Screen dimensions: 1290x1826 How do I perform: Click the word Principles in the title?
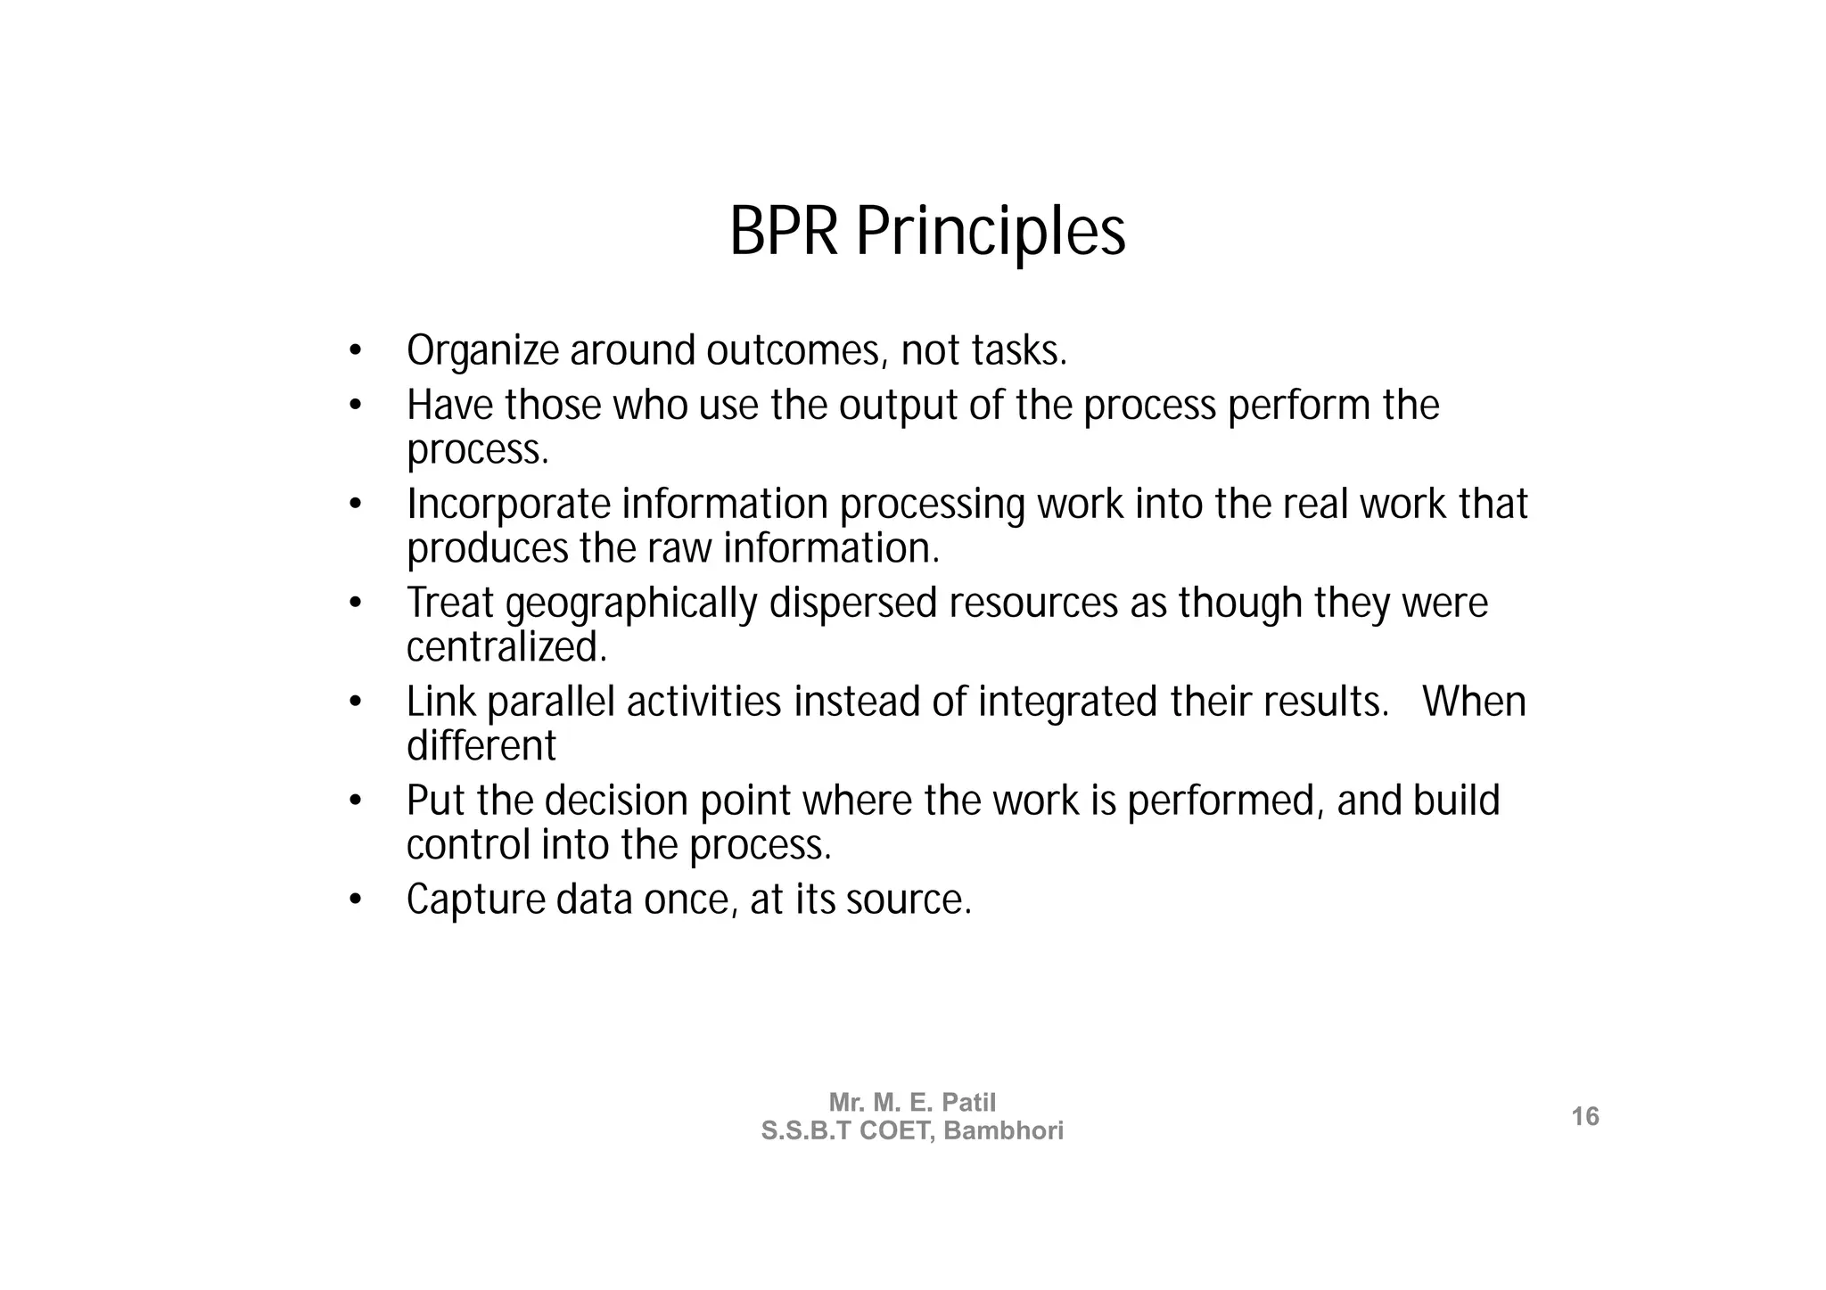(991, 234)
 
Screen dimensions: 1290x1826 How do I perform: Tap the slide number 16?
(1584, 1116)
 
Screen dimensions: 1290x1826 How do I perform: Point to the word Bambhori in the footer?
(1004, 1130)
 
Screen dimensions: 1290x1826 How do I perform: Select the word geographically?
(630, 604)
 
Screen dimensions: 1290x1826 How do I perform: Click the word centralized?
(506, 647)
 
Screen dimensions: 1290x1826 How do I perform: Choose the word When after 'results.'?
(1474, 703)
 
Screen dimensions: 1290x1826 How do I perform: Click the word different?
(481, 746)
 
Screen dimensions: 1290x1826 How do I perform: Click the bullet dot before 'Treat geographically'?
(355, 604)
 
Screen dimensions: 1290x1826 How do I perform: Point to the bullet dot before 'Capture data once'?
(355, 900)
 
